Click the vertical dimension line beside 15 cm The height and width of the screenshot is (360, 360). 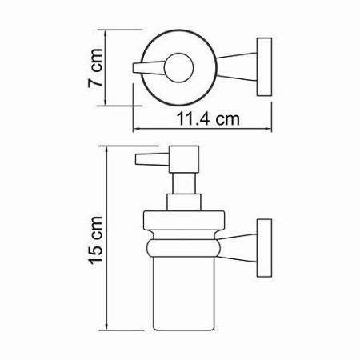pos(110,240)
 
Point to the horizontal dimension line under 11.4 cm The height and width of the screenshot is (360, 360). pos(202,129)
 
